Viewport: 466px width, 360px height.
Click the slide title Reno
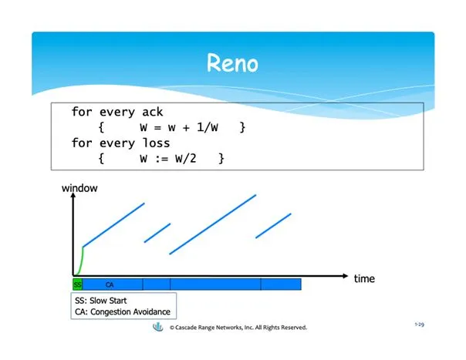pos(232,63)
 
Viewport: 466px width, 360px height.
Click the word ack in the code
pos(153,112)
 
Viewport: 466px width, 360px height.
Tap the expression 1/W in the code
pos(208,127)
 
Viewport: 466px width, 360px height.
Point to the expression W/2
pos(186,158)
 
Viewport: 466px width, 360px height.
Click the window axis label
pos(79,188)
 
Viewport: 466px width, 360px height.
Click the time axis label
pos(364,278)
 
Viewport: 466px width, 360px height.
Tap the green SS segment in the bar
pos(78,284)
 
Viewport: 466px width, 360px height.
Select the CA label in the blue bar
pos(110,284)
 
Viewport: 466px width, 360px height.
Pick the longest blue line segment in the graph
pos(213,224)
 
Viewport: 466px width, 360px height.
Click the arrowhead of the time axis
pos(345,276)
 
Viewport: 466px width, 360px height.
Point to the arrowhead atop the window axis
pos(73,196)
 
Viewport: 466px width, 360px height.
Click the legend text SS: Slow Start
pos(101,301)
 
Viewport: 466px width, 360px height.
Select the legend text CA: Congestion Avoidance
pos(123,312)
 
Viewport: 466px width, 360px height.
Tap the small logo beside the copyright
pos(158,327)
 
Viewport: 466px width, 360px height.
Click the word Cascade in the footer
pos(185,328)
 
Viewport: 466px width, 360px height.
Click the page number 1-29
pos(420,325)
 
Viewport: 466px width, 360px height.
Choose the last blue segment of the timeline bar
pos(281,284)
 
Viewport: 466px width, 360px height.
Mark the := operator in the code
pos(162,159)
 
